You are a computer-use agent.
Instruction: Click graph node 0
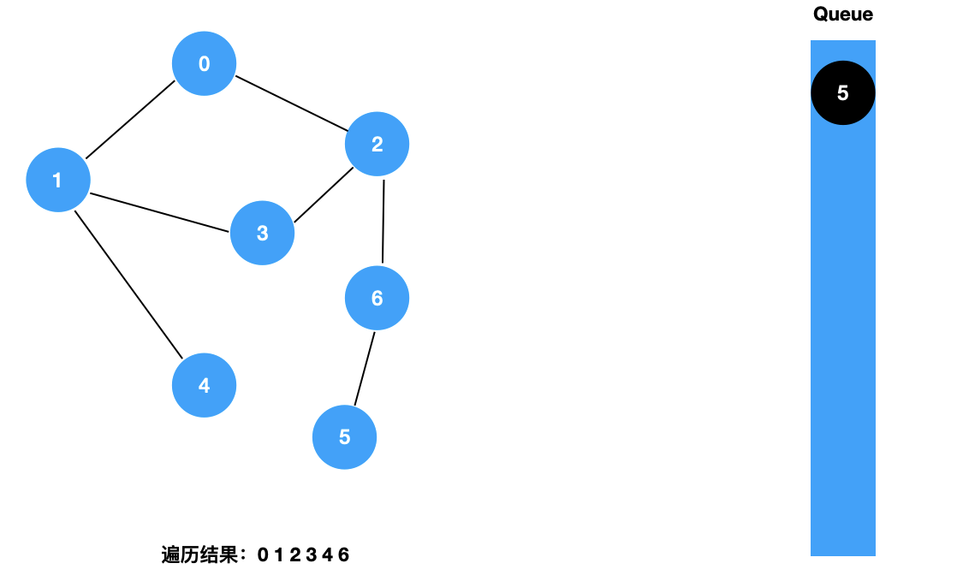pos(204,63)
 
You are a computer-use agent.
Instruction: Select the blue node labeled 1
pos(57,180)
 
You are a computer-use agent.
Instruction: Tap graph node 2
pos(377,144)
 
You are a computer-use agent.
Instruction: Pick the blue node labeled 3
pos(262,233)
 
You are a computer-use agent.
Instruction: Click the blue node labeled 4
pos(204,385)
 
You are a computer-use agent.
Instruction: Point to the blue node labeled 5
pos(344,437)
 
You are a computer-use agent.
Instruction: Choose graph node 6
pos(377,298)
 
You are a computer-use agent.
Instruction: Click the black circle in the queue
pos(842,92)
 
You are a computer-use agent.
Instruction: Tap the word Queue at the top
pos(842,14)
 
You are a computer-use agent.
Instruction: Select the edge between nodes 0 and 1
pos(130,120)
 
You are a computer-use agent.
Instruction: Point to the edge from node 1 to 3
pos(160,212)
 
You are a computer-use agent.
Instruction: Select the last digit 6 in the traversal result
pos(344,555)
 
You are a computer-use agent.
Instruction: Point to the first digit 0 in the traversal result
pos(263,555)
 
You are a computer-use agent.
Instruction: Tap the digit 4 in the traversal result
pos(328,555)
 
